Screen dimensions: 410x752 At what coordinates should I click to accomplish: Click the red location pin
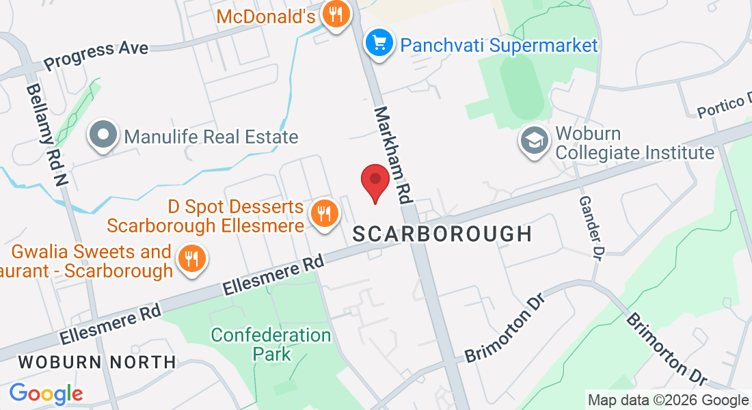point(375,181)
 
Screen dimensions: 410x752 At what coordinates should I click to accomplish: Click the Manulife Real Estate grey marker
point(103,135)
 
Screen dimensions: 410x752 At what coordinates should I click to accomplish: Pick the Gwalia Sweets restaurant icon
point(193,259)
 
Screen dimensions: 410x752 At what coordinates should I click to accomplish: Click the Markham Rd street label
point(392,155)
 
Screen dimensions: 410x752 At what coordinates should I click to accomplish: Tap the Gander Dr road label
point(590,228)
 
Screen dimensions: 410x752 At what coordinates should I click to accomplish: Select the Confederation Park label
point(271,344)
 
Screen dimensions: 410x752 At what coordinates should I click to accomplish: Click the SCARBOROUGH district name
point(442,234)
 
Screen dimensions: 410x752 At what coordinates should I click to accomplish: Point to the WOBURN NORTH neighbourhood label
point(96,361)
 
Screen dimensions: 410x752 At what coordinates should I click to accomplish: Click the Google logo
point(46,394)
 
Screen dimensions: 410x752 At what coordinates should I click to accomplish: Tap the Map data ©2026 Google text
point(669,400)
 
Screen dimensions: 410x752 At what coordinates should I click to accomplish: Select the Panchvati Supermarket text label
point(499,46)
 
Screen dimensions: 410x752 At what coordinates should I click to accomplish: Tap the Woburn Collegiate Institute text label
point(634,142)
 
